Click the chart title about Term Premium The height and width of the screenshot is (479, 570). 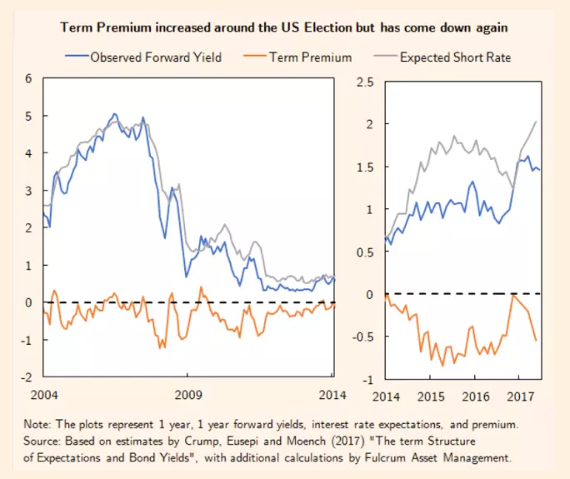284,27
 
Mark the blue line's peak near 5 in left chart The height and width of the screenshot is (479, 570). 114,114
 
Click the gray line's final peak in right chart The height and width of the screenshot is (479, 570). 535,122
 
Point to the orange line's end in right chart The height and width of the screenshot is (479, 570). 535,340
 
